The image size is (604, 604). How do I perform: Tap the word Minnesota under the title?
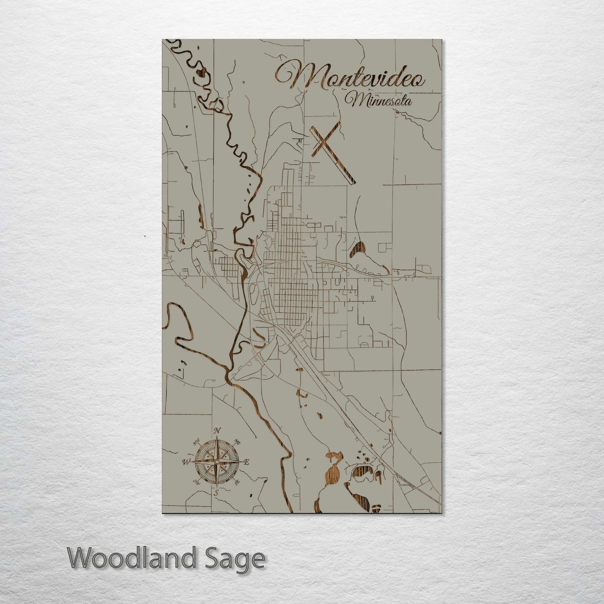[378, 100]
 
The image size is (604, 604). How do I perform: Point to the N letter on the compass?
[217, 431]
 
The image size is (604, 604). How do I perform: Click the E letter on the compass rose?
[247, 462]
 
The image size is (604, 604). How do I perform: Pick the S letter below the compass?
[216, 493]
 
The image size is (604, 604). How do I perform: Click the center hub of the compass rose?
[216, 462]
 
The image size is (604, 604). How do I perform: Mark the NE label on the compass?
[237, 442]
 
